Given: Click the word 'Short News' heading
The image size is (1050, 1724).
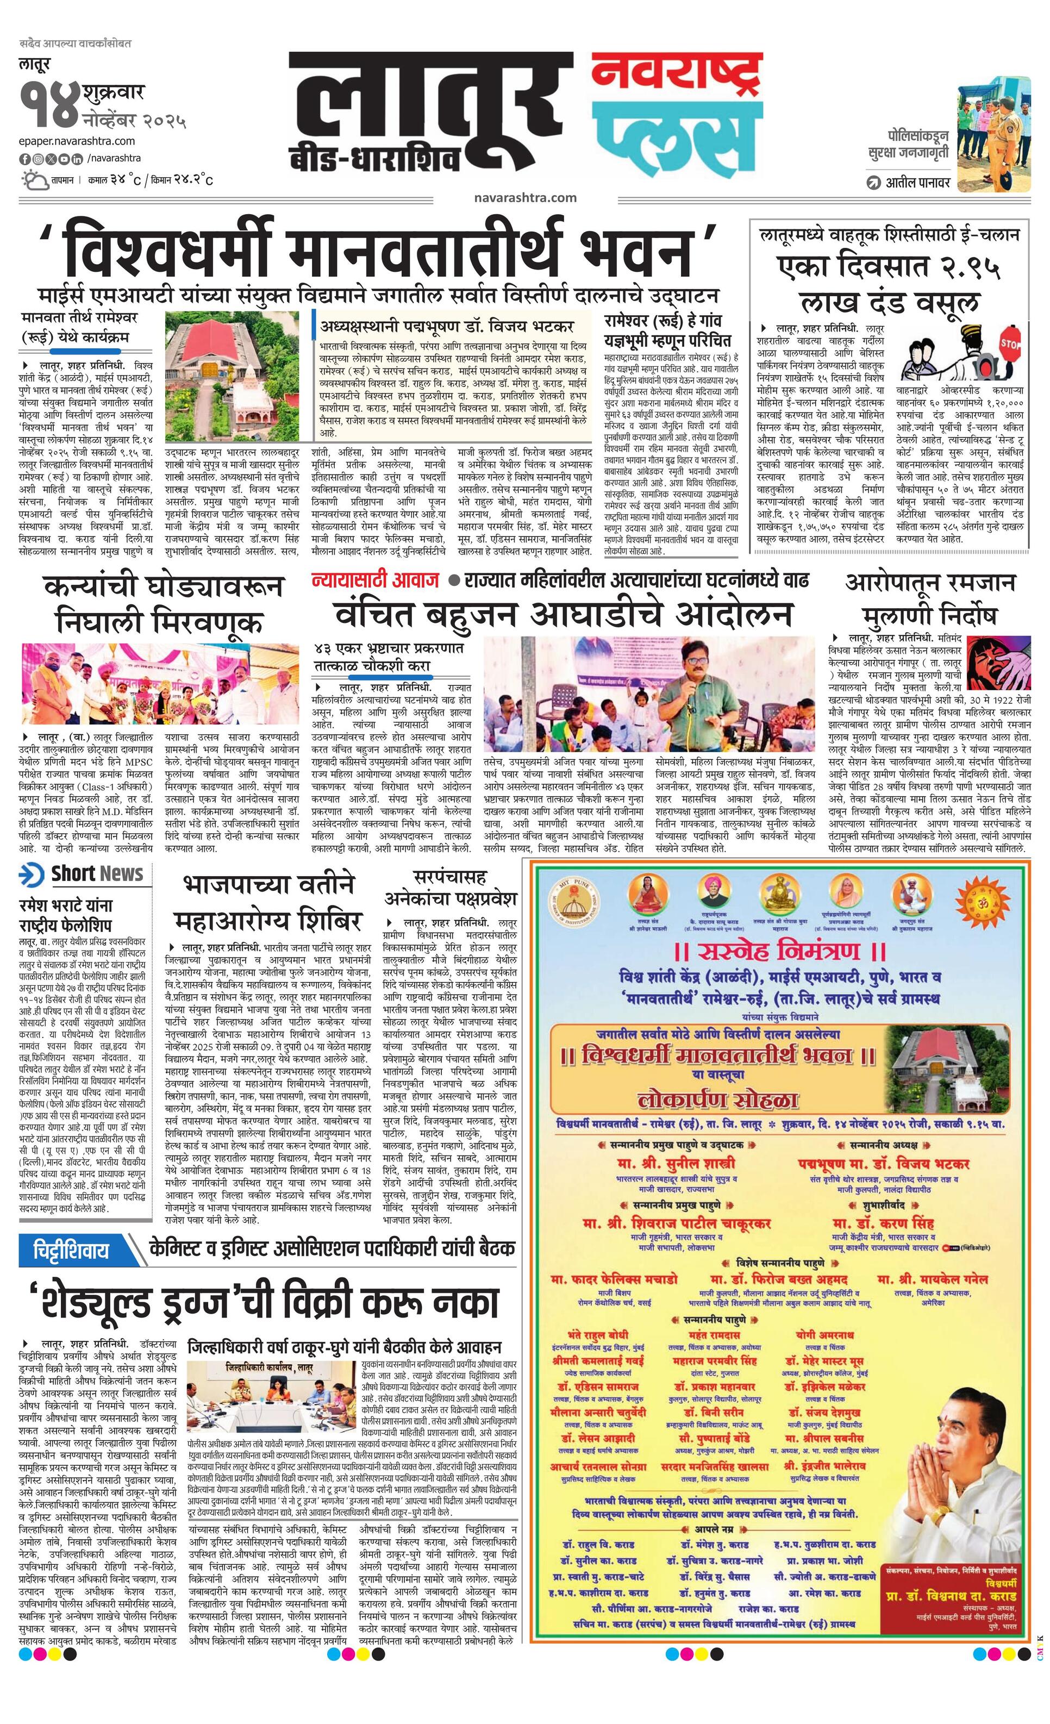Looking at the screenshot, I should tap(97, 873).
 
